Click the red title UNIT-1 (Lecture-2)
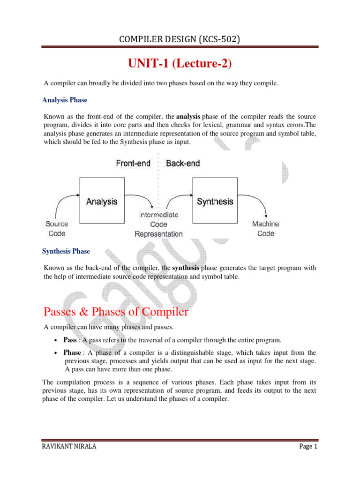point(180,63)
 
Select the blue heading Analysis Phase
point(65,100)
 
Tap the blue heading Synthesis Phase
point(66,251)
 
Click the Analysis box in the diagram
point(102,201)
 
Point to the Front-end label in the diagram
point(134,163)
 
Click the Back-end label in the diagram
point(183,163)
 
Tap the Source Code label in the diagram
point(57,228)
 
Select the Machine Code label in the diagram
point(265,228)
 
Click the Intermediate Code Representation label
point(158,224)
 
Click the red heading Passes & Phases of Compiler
point(116,312)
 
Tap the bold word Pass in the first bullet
point(70,340)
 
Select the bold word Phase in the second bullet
point(72,352)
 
